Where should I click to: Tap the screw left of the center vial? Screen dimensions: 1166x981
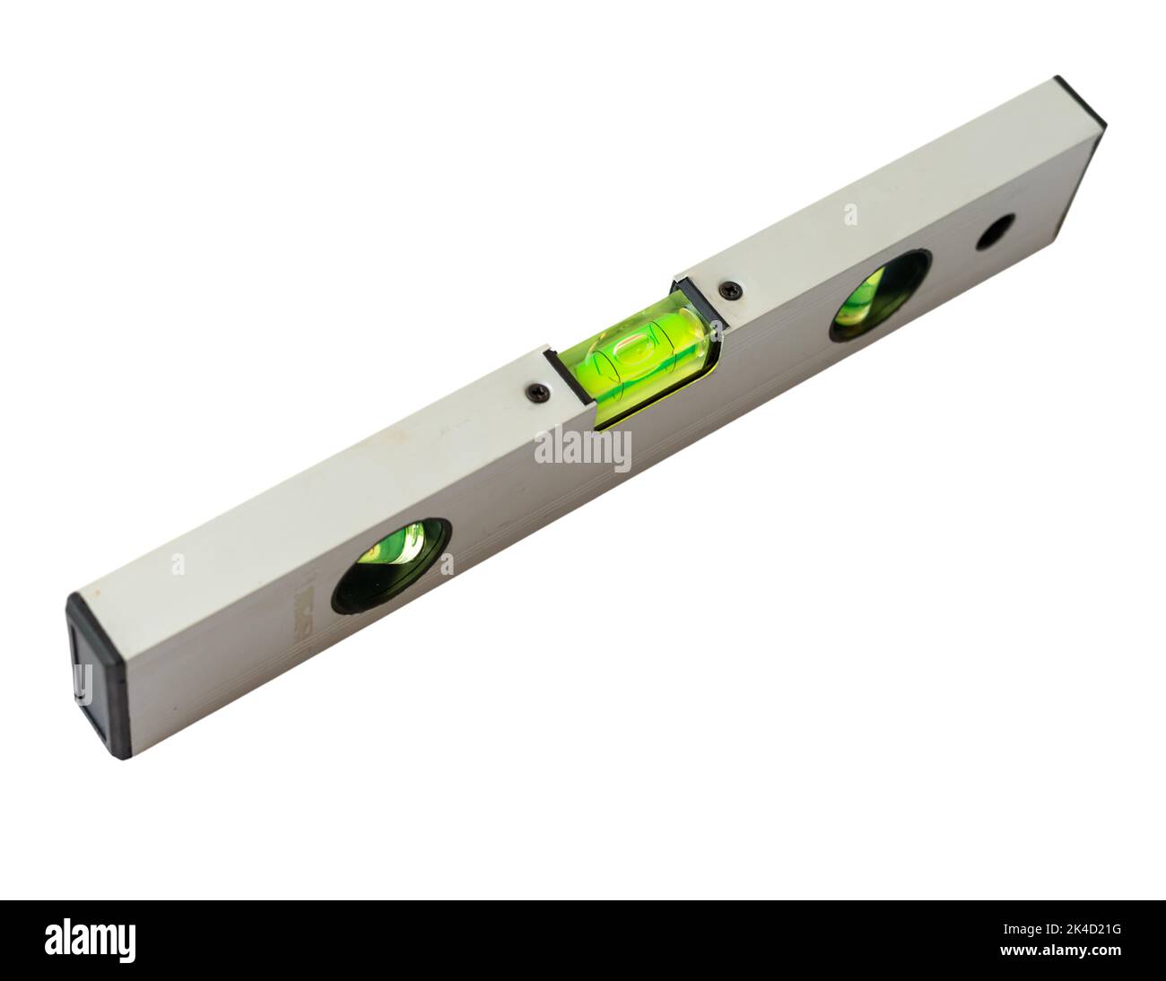(538, 392)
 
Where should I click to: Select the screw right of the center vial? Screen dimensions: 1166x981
(731, 290)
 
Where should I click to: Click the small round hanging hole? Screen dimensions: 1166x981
(996, 231)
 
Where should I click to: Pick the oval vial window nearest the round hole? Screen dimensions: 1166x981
(880, 295)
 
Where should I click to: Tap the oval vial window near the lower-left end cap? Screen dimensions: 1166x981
(391, 565)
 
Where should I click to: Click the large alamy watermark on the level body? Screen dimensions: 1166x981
(582, 449)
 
